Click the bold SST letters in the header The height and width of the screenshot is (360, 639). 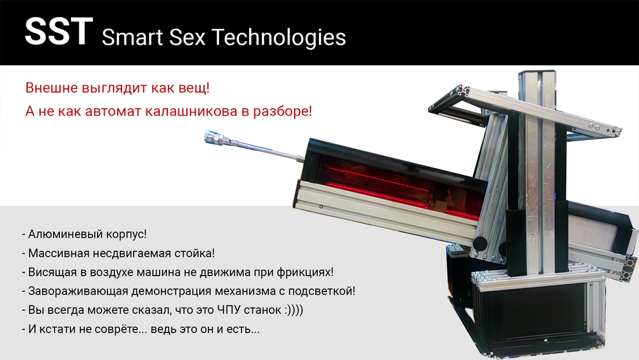[x=58, y=33]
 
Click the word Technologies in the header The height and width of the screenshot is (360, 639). [x=279, y=37]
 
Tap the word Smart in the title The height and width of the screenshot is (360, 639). [x=130, y=37]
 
